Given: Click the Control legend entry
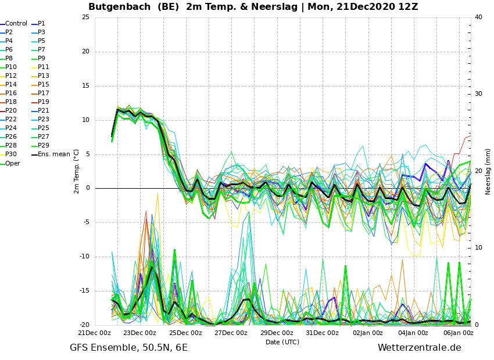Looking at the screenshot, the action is [x=14, y=24].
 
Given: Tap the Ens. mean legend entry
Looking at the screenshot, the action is [x=51, y=154].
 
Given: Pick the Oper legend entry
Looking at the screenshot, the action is [x=10, y=163].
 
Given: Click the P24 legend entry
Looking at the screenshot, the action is [x=9, y=128].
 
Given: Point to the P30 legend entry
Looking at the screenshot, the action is [x=9, y=154].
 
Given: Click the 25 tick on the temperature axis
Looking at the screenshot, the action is [x=85, y=17].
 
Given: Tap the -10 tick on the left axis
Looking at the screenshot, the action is [x=84, y=257].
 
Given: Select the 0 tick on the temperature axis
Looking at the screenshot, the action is [x=88, y=188].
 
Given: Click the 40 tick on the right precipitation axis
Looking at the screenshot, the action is [x=478, y=17].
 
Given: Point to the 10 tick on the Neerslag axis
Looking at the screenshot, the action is [x=478, y=248].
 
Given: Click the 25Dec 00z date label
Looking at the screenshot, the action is [x=186, y=333].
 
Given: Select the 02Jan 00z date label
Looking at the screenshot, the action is [x=368, y=333].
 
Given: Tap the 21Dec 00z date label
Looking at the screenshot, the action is [x=95, y=333].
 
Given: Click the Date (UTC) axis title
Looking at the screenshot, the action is [x=282, y=342].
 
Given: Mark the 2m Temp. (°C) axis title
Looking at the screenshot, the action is [x=77, y=171].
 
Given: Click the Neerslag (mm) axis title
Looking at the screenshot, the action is [x=488, y=172].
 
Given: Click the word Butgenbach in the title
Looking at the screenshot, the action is [x=119, y=6].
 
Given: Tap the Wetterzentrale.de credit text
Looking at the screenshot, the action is [x=420, y=348].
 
